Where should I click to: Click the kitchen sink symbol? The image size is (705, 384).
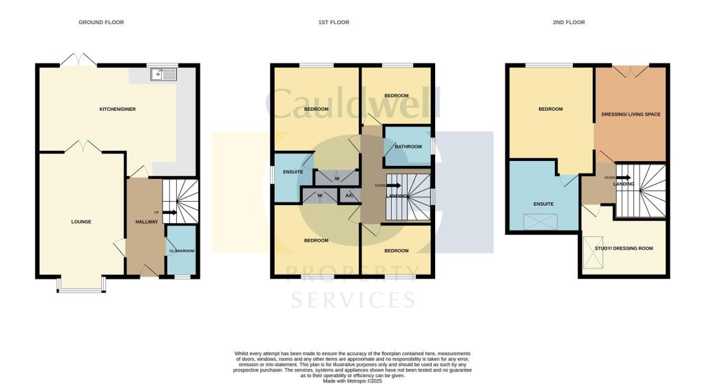[x=164, y=74]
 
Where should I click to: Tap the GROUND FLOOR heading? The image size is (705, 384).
[x=101, y=22]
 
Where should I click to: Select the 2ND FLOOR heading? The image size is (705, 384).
[x=569, y=22]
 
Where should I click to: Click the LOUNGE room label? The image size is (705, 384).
[x=81, y=222]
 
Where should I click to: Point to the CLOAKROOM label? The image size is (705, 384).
[x=182, y=251]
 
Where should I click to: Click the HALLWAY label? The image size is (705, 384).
[x=147, y=222]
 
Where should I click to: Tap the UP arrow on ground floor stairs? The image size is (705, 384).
[x=169, y=212]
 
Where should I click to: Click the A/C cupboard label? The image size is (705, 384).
[x=350, y=195]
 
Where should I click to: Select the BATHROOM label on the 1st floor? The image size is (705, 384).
[x=408, y=147]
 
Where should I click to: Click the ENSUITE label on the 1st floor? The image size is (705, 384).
[x=293, y=172]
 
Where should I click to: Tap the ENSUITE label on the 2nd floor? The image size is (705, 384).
[x=544, y=204]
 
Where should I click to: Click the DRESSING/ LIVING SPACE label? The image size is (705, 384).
[x=631, y=114]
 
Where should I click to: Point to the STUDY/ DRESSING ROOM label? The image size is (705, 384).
[x=624, y=248]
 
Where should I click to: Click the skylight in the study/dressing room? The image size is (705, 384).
[x=593, y=253]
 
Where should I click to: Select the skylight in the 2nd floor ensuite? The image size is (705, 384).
[x=540, y=222]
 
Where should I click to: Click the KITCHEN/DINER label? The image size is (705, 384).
[x=117, y=109]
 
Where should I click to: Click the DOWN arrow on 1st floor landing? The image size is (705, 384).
[x=394, y=185]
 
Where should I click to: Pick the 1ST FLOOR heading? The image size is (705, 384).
[x=334, y=22]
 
